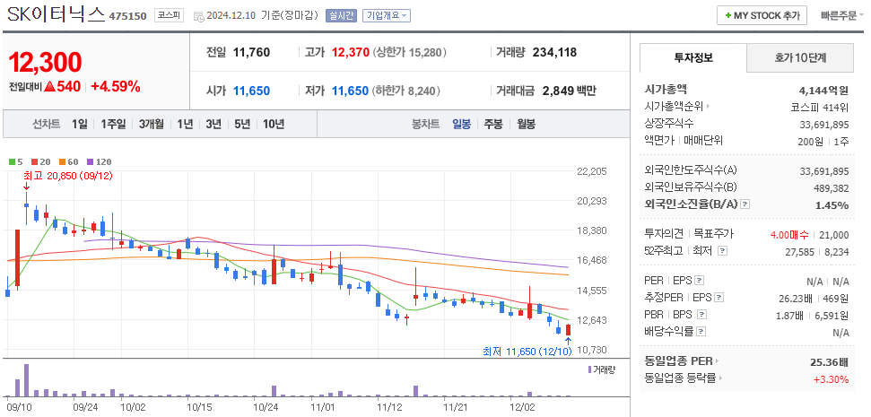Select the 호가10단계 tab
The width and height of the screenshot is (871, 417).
(800, 57)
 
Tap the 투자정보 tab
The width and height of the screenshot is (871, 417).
(692, 57)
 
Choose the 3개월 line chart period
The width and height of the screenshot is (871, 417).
(152, 124)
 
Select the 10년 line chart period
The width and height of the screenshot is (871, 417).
(273, 124)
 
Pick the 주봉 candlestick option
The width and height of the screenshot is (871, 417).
(492, 124)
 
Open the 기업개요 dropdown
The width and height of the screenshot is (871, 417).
(387, 15)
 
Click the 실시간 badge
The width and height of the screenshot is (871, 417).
(341, 15)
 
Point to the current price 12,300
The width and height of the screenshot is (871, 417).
(45, 62)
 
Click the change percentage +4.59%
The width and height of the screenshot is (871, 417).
(115, 86)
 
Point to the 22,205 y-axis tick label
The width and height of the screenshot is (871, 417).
(592, 170)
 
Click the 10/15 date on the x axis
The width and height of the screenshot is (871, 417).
(199, 406)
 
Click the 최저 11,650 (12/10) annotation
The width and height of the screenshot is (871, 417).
(527, 352)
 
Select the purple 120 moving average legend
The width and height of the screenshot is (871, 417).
(100, 161)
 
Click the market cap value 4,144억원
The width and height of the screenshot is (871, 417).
(823, 91)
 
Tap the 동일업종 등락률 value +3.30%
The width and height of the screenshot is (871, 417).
(829, 378)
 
